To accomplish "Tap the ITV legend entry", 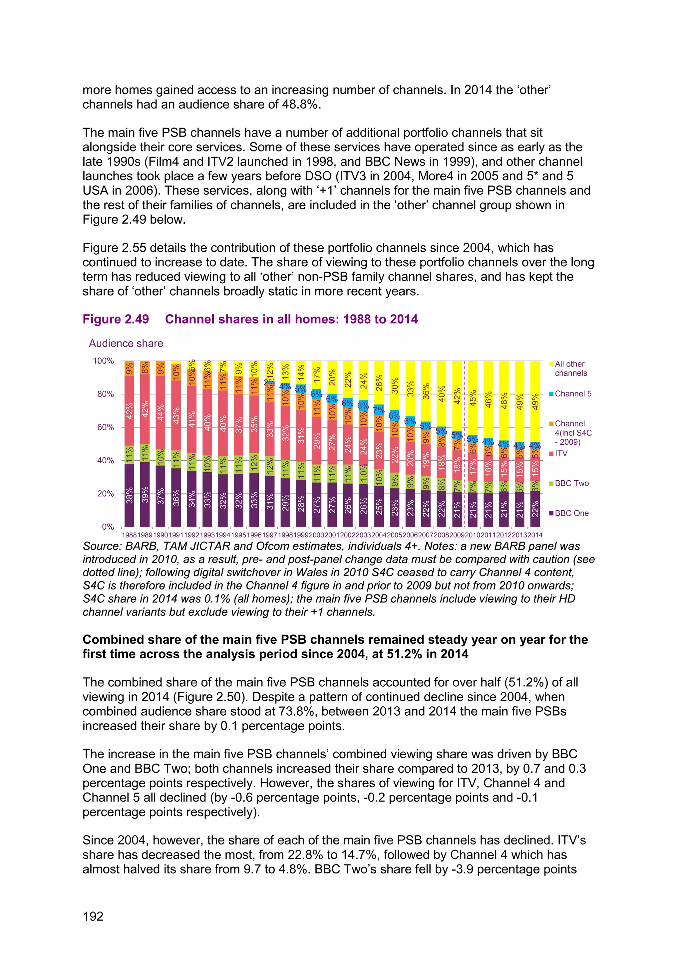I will point(561,453).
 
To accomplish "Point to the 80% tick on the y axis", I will point(103,394).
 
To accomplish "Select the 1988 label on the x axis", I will point(129,535).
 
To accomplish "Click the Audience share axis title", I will point(126,344).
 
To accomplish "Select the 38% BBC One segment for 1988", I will point(129,495).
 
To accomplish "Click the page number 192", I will point(93,916).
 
